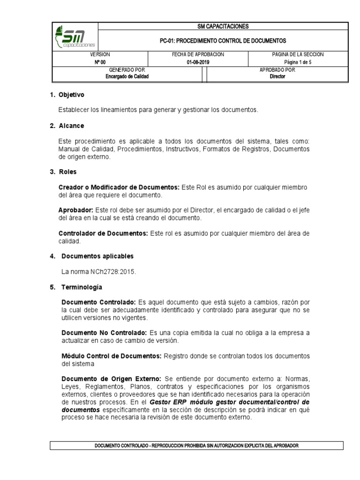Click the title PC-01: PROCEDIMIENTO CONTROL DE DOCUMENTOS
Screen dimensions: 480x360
[x=223, y=41]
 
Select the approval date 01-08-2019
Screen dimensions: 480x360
[x=198, y=62]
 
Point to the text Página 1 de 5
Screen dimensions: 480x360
[x=298, y=62]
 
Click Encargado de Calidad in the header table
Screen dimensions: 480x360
[x=127, y=76]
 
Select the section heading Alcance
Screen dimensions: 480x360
[x=71, y=126]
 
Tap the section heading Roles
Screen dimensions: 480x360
[x=67, y=172]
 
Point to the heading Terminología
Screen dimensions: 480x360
[x=80, y=286]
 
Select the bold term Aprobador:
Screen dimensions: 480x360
[x=76, y=210]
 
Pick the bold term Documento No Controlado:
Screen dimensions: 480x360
[x=104, y=332]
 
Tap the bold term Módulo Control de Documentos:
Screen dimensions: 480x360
[x=112, y=356]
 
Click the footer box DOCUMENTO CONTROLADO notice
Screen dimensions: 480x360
[x=196, y=446]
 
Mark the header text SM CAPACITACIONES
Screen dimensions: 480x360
[x=223, y=26]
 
